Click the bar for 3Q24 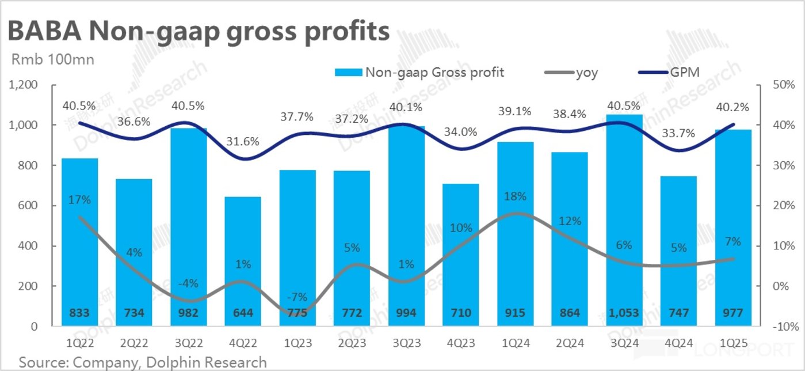tap(623, 219)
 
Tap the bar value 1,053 tap(623, 313)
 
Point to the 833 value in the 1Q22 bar tap(79, 313)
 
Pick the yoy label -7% tap(297, 297)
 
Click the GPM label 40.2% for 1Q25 tap(732, 107)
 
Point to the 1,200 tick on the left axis tap(24, 85)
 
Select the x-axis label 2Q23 tap(352, 343)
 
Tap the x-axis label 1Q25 tap(732, 343)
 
